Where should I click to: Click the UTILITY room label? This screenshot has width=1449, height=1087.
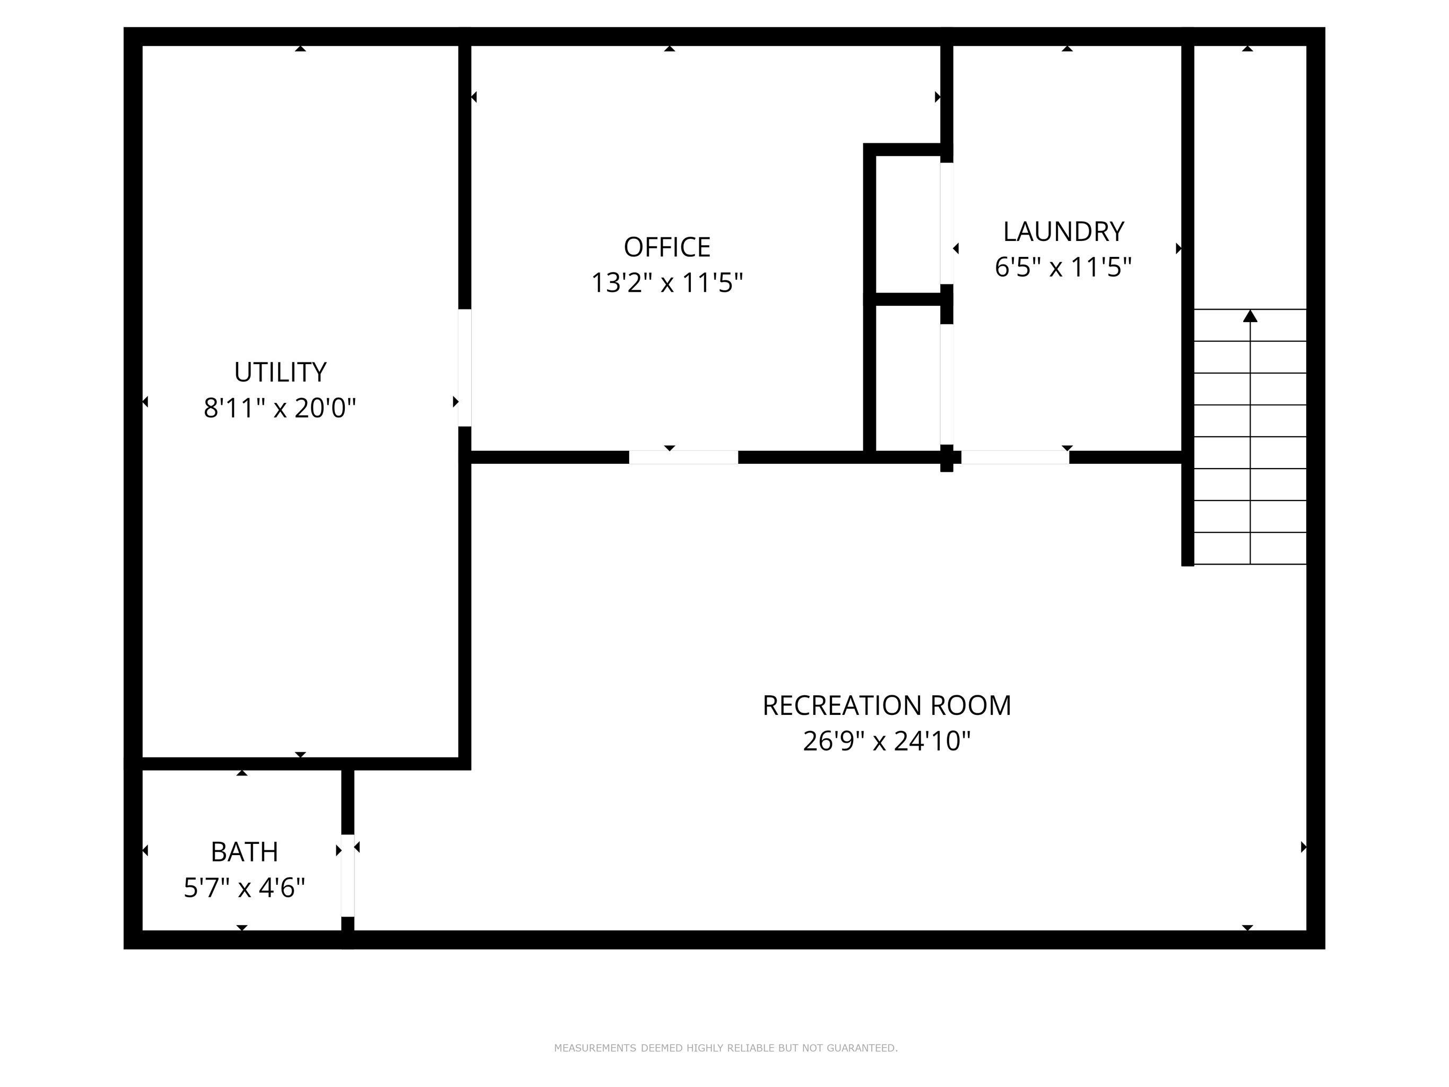point(280,372)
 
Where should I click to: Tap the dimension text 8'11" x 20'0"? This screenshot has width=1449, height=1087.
point(280,408)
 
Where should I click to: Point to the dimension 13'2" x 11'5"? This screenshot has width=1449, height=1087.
point(667,283)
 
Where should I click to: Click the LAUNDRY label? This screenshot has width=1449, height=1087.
point(1063,232)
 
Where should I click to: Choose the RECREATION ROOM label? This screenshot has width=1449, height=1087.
point(886,706)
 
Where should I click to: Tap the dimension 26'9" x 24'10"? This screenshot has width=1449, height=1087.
point(886,741)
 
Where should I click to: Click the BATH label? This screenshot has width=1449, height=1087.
point(245,852)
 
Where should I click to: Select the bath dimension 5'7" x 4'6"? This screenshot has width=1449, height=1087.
point(245,888)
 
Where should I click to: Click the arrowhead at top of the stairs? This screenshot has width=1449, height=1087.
point(1250,316)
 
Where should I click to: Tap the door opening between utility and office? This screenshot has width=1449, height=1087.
point(464,368)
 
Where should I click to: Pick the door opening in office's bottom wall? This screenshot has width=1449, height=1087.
point(683,458)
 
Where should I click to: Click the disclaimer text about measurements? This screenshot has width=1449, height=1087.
point(725,1048)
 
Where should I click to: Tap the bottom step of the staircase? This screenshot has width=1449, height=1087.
point(1250,548)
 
